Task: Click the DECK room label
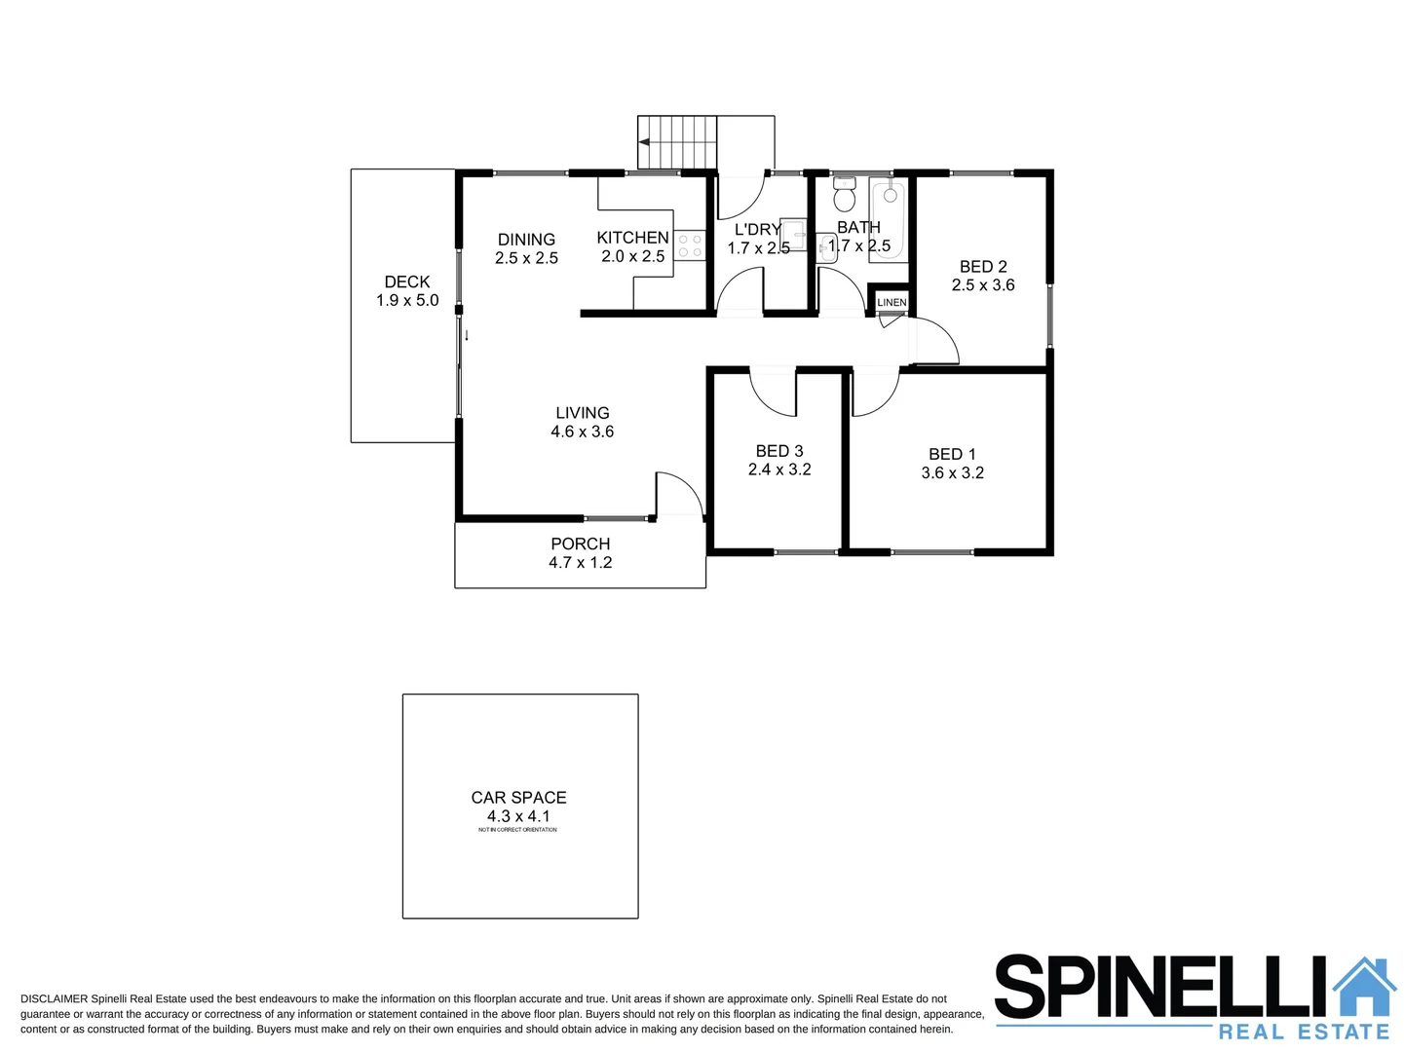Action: pyautogui.click(x=407, y=282)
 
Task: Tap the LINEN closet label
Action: pyautogui.click(x=892, y=302)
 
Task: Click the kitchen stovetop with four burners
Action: pyautogui.click(x=690, y=245)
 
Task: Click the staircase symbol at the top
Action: pyautogui.click(x=678, y=142)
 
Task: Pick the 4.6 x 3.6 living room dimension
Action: pyautogui.click(x=582, y=432)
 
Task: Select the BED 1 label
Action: pyautogui.click(x=952, y=454)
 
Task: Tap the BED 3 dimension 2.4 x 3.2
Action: pyautogui.click(x=779, y=470)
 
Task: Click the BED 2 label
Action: pyautogui.click(x=983, y=267)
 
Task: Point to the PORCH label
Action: pyautogui.click(x=580, y=545)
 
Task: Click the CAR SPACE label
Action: pyautogui.click(x=518, y=798)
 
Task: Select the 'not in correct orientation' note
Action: pyautogui.click(x=517, y=830)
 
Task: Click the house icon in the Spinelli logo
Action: pyautogui.click(x=1365, y=987)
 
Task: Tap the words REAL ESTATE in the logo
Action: pyautogui.click(x=1304, y=1032)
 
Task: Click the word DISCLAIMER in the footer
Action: pyautogui.click(x=54, y=998)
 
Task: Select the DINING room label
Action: pyautogui.click(x=526, y=240)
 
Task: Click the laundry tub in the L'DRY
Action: pyautogui.click(x=794, y=235)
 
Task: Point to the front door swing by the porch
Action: pyautogui.click(x=678, y=495)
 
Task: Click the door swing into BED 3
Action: pyautogui.click(x=775, y=393)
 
